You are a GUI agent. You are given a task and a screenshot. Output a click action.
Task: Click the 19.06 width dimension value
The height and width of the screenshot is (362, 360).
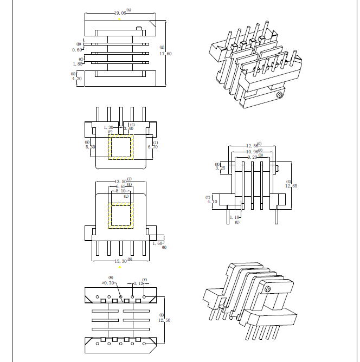(120, 12)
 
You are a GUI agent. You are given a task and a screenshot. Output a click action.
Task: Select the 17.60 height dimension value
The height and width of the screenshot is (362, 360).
(165, 54)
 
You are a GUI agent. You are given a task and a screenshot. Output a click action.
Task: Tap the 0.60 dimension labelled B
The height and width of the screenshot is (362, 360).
(76, 50)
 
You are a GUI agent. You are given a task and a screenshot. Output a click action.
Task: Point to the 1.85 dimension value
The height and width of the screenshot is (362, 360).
(76, 64)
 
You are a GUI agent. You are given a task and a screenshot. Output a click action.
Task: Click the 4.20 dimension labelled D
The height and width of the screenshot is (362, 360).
(76, 79)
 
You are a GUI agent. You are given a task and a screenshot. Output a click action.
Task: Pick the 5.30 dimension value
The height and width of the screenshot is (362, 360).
(90, 147)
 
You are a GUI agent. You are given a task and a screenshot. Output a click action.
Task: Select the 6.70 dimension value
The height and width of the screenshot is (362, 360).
(153, 146)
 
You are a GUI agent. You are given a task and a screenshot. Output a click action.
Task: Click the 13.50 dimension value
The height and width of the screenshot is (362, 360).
(120, 182)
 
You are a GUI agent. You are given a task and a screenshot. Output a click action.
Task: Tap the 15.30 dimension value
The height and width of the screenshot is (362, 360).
(120, 261)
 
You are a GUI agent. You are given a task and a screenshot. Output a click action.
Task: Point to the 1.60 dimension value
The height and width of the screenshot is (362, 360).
(157, 243)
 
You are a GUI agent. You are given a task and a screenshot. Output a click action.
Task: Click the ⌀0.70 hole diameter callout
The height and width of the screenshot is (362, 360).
(108, 283)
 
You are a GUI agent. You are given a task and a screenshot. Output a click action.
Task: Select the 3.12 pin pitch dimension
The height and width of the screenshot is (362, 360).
(139, 283)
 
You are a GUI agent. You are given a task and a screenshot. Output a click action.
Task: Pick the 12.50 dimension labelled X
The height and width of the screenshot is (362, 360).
(164, 320)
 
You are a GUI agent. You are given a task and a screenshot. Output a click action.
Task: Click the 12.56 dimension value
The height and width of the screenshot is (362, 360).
(252, 146)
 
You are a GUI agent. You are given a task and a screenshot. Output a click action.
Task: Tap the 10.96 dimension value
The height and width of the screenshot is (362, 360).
(252, 152)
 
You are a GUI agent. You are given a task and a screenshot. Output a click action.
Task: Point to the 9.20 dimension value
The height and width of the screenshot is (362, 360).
(253, 157)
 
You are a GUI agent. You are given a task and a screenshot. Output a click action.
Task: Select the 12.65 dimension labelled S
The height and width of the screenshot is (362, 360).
(292, 186)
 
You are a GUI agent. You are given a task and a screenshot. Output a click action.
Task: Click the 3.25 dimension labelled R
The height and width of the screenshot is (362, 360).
(220, 168)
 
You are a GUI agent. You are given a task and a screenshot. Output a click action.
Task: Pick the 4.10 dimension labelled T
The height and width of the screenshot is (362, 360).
(212, 202)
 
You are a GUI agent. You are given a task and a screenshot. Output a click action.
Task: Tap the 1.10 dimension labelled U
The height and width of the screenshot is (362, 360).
(234, 217)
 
